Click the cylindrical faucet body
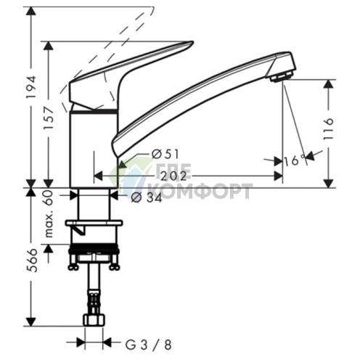[x=91, y=149]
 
